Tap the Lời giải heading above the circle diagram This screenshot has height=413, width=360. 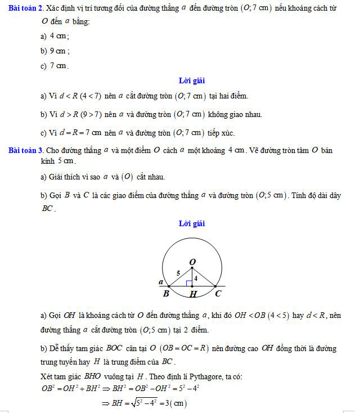[191, 223]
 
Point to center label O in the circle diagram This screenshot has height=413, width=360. [192, 262]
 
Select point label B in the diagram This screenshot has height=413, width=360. [166, 294]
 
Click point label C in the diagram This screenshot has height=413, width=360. [218, 294]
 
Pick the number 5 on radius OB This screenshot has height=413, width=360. [178, 273]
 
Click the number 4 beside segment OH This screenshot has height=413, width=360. [196, 277]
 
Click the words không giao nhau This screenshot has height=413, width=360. [235, 115]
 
